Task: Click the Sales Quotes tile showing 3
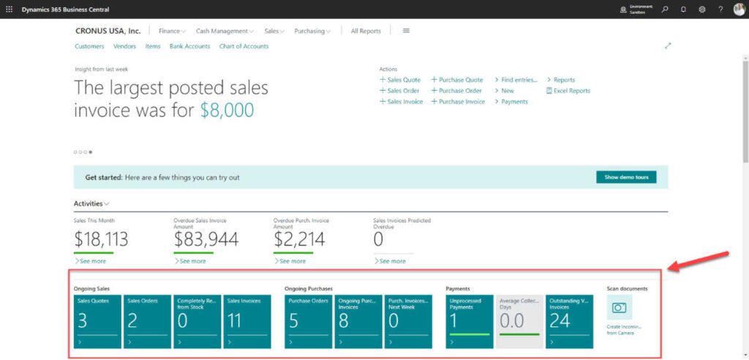pyautogui.click(x=97, y=321)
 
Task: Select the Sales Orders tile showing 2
pyautogui.click(x=147, y=321)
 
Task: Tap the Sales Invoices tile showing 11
pyautogui.click(x=246, y=321)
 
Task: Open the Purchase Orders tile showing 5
pyautogui.click(x=308, y=321)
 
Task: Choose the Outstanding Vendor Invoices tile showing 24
pyautogui.click(x=569, y=321)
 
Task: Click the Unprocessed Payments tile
pyautogui.click(x=470, y=321)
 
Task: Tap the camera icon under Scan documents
pyautogui.click(x=620, y=308)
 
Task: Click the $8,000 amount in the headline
pyautogui.click(x=227, y=110)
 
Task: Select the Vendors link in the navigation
pyautogui.click(x=124, y=46)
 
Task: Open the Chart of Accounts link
pyautogui.click(x=244, y=46)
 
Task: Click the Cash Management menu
pyautogui.click(x=224, y=31)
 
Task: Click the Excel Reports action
pyautogui.click(x=571, y=91)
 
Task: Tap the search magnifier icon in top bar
pyautogui.click(x=665, y=10)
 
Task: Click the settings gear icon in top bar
pyautogui.click(x=702, y=10)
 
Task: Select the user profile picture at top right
pyautogui.click(x=739, y=10)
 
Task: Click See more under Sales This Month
pyautogui.click(x=92, y=261)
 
